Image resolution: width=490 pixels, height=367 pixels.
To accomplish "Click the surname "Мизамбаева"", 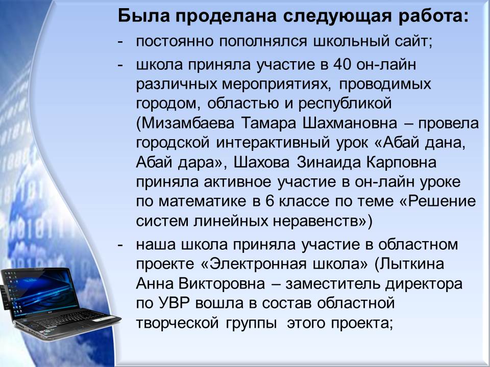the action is point(185,123).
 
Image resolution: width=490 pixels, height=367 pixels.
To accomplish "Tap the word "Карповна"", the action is point(402,163).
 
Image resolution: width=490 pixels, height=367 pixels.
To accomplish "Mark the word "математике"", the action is point(203,202).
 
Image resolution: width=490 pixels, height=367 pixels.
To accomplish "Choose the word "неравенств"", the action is point(315,221).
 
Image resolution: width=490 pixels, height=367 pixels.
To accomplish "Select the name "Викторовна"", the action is point(222,284).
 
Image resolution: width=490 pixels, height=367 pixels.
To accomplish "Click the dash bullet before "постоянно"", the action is point(120,42).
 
